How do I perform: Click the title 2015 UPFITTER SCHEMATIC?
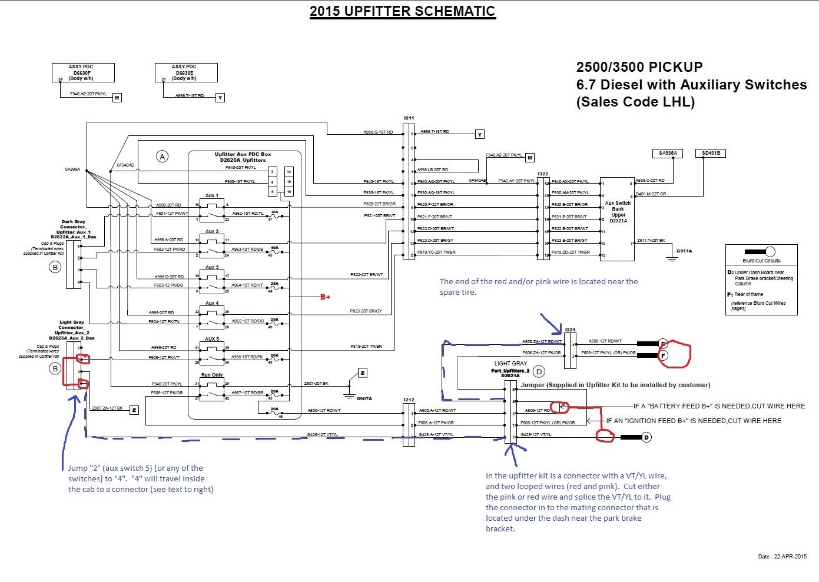tap(403, 11)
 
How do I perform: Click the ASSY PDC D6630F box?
tap(83, 72)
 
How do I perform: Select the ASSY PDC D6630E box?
tap(186, 72)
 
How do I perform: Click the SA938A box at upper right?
tap(667, 153)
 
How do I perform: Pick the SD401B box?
tap(711, 153)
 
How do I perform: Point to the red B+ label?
tap(325, 297)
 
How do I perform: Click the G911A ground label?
tap(684, 251)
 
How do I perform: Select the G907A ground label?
tap(364, 398)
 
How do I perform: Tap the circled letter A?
tap(162, 156)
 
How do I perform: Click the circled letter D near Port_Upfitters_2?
tap(539, 371)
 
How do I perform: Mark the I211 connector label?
tap(409, 118)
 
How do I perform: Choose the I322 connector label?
tap(543, 174)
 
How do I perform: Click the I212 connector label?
tap(409, 400)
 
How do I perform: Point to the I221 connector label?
tap(570, 330)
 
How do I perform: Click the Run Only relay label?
tap(212, 375)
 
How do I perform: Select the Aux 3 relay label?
tap(212, 267)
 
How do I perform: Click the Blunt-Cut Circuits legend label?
tap(761, 261)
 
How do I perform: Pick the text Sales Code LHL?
tap(635, 102)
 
